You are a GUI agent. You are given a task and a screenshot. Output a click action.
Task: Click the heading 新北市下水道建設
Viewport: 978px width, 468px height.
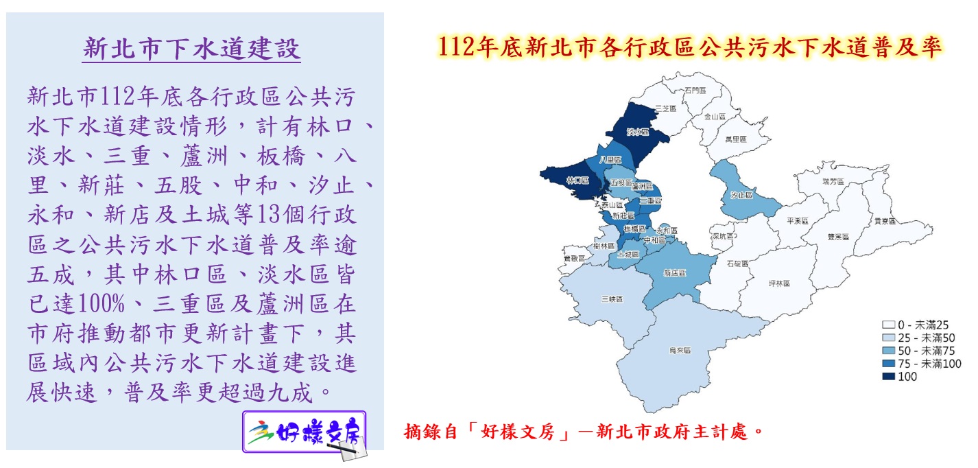tap(191, 49)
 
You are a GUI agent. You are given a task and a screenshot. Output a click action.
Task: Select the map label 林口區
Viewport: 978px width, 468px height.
tap(577, 180)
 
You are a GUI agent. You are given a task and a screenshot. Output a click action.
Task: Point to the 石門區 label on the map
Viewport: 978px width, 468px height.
tap(694, 90)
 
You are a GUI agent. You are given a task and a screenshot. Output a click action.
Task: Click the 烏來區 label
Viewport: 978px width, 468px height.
tap(679, 350)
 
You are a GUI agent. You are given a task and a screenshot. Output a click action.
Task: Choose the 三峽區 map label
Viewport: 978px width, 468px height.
tap(611, 299)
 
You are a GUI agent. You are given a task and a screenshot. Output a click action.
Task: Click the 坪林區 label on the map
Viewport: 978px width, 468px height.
tap(779, 283)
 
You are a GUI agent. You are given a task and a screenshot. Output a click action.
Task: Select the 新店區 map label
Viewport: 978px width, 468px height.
tap(675, 272)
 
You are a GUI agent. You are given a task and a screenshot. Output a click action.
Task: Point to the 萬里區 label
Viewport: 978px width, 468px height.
tap(735, 139)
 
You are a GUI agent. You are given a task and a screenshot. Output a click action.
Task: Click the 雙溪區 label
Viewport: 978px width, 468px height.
tap(838, 236)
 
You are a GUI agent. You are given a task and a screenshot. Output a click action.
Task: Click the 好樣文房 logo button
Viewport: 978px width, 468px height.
tap(305, 432)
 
